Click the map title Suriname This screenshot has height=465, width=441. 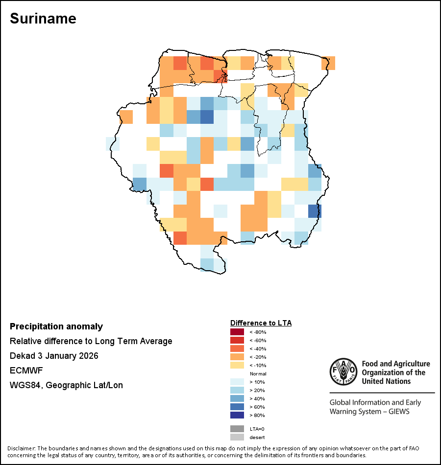[43, 19]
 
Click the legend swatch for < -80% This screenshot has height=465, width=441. [237, 332]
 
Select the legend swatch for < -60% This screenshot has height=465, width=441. [237, 340]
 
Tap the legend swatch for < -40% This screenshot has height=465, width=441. [237, 349]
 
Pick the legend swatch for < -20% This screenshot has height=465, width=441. [237, 357]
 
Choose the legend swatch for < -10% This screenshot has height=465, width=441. [237, 365]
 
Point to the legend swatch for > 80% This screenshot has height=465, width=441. [237, 415]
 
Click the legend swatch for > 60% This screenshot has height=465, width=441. [237, 407]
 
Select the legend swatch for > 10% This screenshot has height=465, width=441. [237, 382]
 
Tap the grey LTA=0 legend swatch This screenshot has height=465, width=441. [237, 429]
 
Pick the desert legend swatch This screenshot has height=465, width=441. [237, 437]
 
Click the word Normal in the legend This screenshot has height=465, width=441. [258, 373]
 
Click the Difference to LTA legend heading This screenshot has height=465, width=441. [261, 323]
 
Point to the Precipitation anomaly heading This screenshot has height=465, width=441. [56, 326]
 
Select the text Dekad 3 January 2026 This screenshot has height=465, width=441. [54, 356]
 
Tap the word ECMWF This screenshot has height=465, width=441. [24, 371]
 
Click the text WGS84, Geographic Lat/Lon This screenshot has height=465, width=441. [66, 385]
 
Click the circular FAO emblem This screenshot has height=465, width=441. [343, 372]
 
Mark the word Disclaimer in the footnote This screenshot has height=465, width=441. [21, 448]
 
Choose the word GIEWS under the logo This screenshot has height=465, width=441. [397, 411]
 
